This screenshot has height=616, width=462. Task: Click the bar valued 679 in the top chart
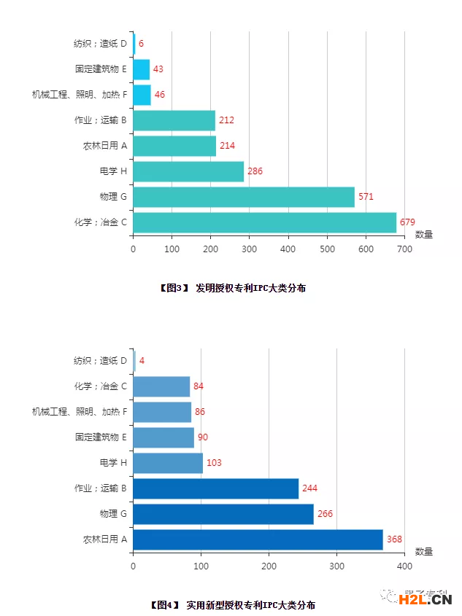tap(264, 222)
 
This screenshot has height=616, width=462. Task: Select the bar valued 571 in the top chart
tap(244, 197)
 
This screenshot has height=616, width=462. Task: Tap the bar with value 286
tap(188, 171)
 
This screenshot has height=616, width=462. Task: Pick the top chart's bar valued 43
tap(142, 69)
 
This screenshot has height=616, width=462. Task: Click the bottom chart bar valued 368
tap(258, 539)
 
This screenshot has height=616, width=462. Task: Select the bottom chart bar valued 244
tap(215, 488)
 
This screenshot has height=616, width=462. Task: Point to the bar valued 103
tap(168, 463)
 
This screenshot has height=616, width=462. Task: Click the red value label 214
tap(227, 146)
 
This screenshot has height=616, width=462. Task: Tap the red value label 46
tap(160, 95)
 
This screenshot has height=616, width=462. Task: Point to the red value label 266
tap(325, 514)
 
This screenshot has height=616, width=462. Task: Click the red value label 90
tap(203, 437)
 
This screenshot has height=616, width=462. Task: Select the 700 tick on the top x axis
tap(404, 249)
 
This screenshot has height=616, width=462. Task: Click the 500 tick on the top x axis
tap(327, 249)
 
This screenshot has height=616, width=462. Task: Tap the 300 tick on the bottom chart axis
tap(336, 566)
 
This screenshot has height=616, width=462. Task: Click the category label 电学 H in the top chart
tap(113, 171)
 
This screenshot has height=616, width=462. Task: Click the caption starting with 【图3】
tap(231, 289)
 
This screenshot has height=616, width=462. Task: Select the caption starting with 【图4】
tap(231, 605)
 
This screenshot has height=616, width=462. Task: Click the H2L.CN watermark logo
tap(426, 600)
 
